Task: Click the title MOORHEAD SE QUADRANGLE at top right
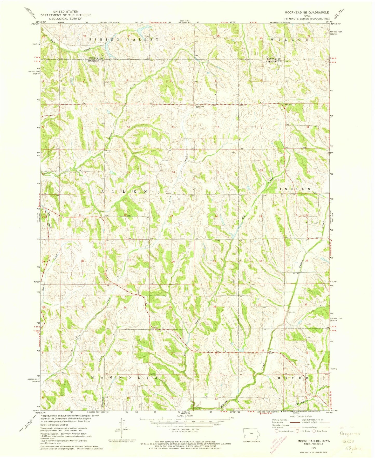click(x=306, y=12)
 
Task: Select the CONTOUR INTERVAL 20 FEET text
click(x=183, y=429)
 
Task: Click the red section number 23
click(x=171, y=216)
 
